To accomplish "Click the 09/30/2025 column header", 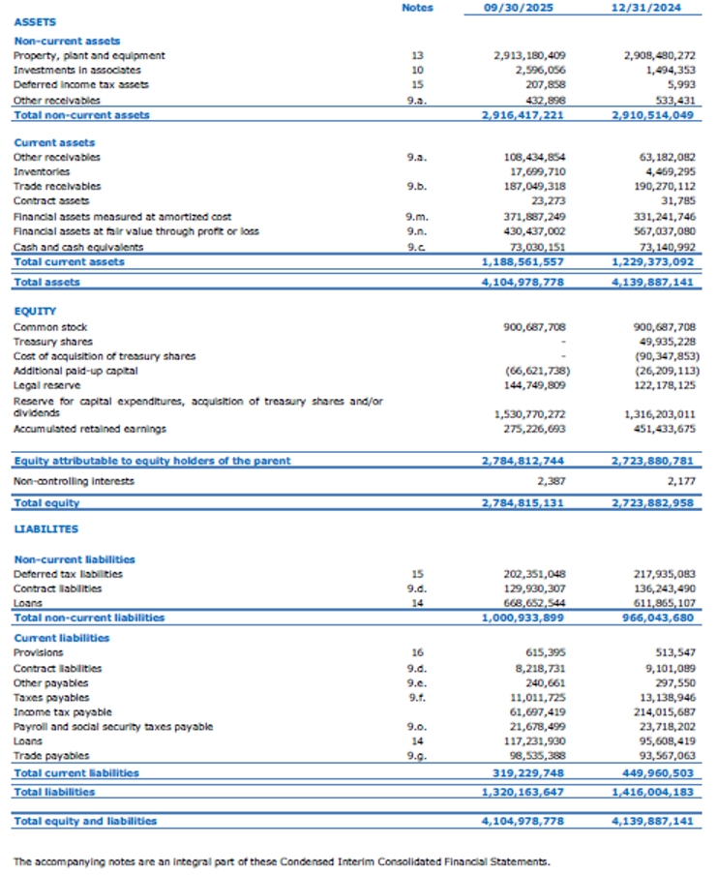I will [x=523, y=8].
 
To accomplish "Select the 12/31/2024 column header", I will [x=645, y=8].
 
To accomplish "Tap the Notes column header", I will [x=417, y=8].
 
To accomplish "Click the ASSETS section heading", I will [x=36, y=21].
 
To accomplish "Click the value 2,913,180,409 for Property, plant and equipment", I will [x=529, y=56].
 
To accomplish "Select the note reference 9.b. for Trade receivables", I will [x=417, y=186].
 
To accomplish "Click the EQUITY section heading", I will [x=35, y=312].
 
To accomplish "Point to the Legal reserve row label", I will [x=45, y=385].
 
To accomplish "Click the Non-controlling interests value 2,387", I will [x=551, y=481].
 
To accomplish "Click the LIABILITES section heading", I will [x=46, y=529].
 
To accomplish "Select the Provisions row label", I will [x=39, y=653].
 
